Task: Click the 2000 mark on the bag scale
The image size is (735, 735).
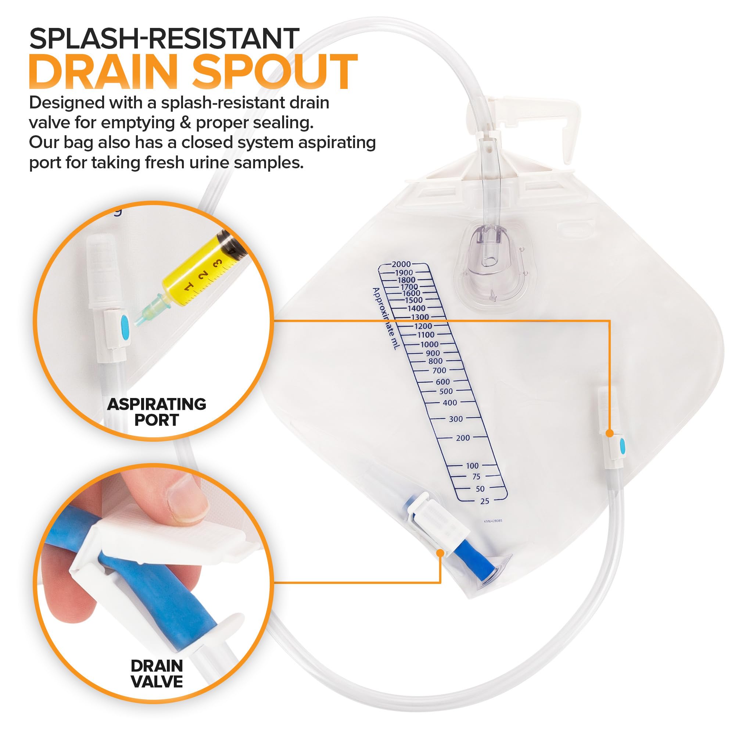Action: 401,264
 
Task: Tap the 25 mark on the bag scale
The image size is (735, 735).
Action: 484,501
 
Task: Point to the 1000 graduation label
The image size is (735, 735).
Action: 429,344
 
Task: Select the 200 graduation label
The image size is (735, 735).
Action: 463,438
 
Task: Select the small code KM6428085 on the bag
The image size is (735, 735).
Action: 493,521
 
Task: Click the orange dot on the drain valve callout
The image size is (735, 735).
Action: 440,553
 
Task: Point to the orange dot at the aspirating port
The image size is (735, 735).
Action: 609,433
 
